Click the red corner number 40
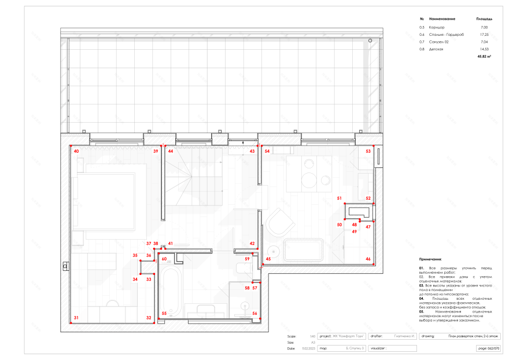point(76,151)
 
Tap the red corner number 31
point(76,318)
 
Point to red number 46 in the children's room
point(368,259)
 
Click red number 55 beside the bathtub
point(164,314)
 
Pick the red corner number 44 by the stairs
point(171,151)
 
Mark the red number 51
point(340,199)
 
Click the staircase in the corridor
point(191,179)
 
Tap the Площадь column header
point(484,19)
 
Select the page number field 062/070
point(489,348)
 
